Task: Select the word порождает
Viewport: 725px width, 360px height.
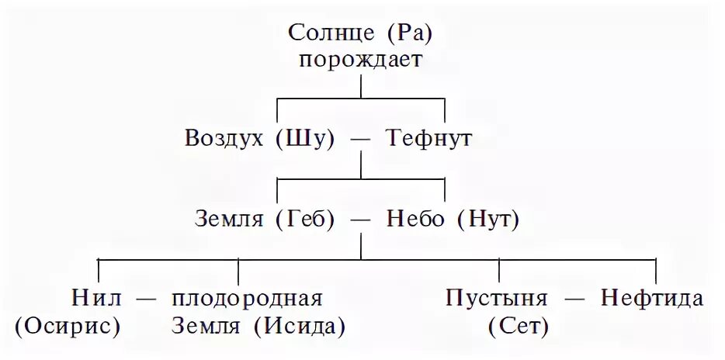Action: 362,60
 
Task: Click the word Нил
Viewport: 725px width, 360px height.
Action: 95,299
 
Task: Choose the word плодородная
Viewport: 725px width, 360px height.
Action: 247,299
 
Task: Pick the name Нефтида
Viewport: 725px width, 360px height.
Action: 653,299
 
